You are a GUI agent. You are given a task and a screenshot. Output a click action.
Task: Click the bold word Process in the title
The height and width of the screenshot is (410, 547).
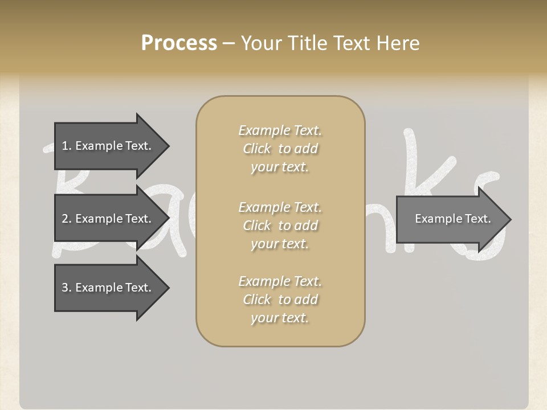[179, 43]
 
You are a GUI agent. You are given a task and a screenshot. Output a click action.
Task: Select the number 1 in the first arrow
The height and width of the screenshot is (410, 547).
[64, 146]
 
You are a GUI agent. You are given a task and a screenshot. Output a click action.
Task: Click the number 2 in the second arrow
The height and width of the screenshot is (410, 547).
[65, 219]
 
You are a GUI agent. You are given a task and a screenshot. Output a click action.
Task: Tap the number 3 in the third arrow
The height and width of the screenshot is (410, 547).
[65, 288]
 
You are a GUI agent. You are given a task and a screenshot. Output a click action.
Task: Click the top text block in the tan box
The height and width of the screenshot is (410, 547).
[280, 149]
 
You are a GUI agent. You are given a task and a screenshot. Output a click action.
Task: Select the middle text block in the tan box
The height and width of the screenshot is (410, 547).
[280, 225]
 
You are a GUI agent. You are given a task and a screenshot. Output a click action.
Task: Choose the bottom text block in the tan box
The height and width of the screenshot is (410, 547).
[280, 300]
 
